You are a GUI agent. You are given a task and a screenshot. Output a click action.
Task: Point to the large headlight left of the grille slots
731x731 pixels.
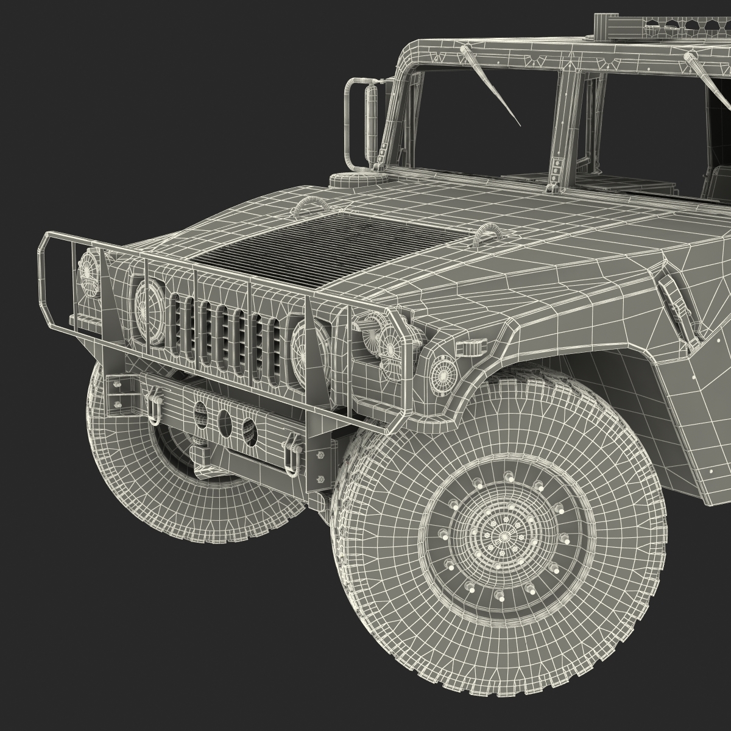coord(148,301)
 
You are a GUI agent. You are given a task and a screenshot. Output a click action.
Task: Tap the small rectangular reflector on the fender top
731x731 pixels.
coord(467,348)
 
